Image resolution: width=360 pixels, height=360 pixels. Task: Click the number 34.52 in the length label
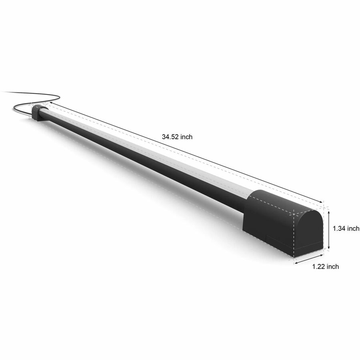point(170,137)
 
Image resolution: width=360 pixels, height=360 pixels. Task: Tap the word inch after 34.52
point(186,137)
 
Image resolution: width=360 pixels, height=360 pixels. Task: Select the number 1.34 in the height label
point(339,228)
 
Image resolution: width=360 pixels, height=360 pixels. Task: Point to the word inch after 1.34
point(353,228)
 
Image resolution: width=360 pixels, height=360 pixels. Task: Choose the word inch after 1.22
point(333,266)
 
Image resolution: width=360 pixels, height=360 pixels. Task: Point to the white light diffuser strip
point(147,152)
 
